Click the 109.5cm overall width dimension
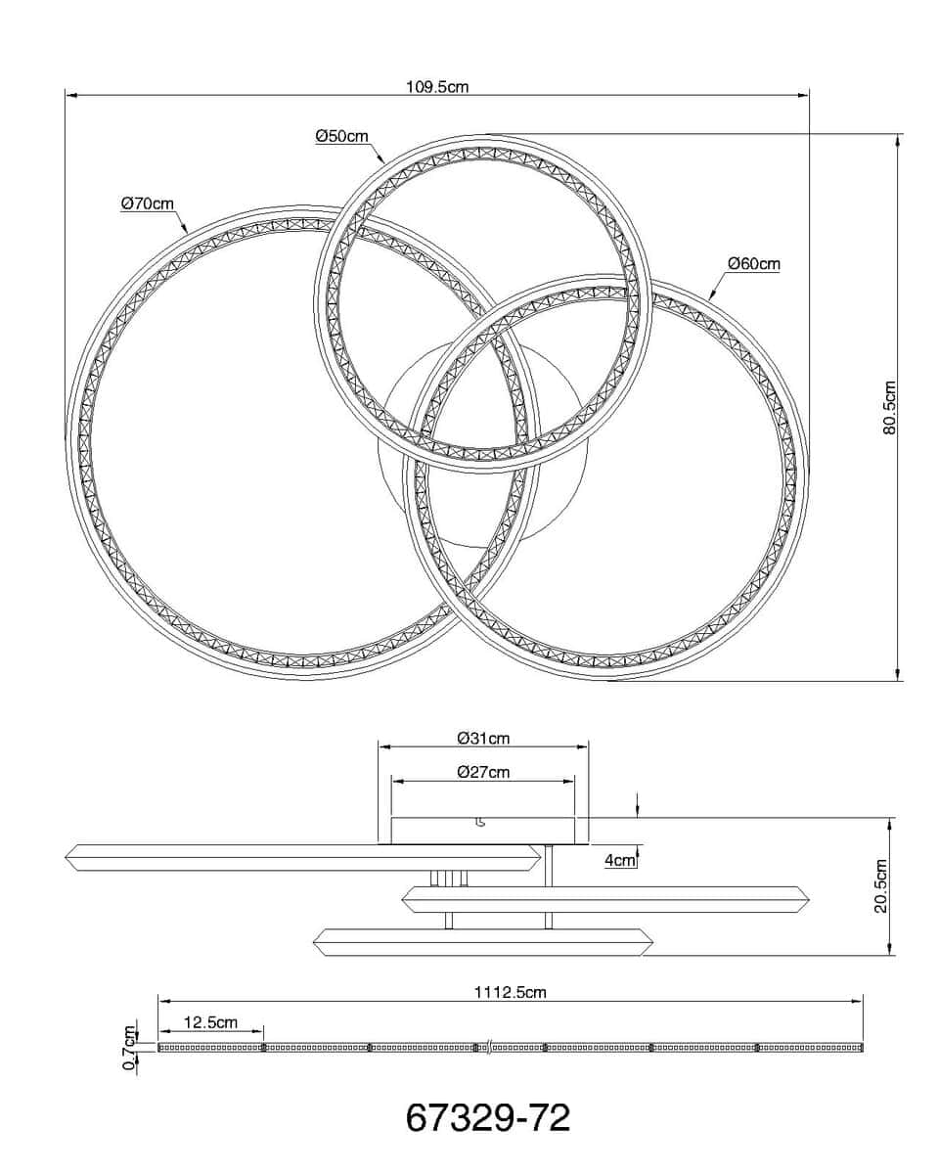click(x=437, y=87)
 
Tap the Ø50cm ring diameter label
click(x=341, y=136)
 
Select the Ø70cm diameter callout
click(x=148, y=204)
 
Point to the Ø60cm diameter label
click(x=754, y=264)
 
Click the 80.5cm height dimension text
click(x=889, y=408)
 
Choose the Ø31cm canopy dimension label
click(x=483, y=739)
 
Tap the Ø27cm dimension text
click(x=483, y=773)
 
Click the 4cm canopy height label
click(x=620, y=860)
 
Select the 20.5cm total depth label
click(x=880, y=893)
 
